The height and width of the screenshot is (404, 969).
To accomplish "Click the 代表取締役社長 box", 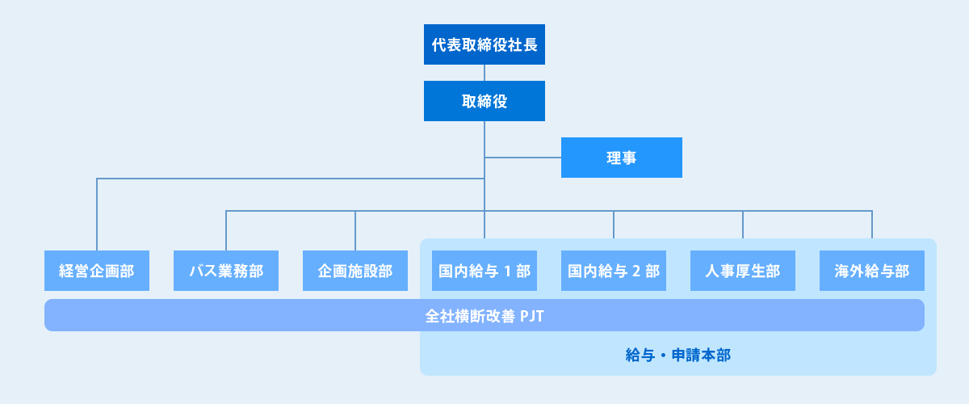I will [x=484, y=44].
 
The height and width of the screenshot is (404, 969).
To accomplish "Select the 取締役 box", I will [x=484, y=101].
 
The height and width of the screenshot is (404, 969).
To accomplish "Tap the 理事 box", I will [x=622, y=158].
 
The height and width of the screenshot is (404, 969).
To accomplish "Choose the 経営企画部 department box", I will [x=97, y=271].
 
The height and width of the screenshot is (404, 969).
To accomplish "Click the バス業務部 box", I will [x=226, y=271].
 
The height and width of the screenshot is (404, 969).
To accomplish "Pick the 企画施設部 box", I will [x=355, y=271].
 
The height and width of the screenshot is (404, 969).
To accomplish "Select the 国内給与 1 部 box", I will [x=484, y=271].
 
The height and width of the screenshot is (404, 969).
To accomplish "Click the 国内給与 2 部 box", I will [x=614, y=271].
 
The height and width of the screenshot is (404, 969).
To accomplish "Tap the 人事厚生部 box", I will [x=743, y=271].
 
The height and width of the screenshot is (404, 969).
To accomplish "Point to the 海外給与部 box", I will [x=872, y=271].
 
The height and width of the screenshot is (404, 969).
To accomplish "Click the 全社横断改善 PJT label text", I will [x=484, y=315].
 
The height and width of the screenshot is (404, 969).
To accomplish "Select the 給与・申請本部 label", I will [x=678, y=355].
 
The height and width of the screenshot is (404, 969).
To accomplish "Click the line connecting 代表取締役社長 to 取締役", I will [x=484, y=73].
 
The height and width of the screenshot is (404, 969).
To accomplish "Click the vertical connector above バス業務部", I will [x=226, y=230].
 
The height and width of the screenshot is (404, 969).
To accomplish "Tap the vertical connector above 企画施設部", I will [x=355, y=230].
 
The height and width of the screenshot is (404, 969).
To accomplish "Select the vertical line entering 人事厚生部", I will [x=743, y=230].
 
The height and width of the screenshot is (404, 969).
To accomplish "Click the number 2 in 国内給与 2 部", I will [x=635, y=271].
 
